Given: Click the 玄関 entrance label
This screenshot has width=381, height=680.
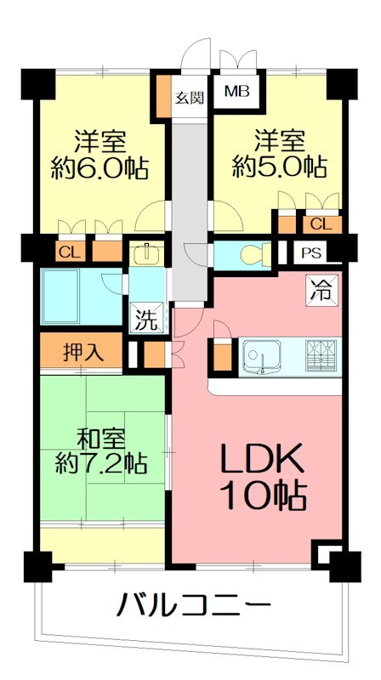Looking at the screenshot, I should [x=190, y=96].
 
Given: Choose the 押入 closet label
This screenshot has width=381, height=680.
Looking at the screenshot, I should [x=83, y=352].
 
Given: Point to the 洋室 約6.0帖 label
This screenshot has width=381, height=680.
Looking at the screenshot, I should [x=100, y=153].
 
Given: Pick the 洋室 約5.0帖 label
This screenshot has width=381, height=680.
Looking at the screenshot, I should [x=280, y=153].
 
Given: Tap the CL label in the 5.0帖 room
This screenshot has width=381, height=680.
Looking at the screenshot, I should [x=321, y=224].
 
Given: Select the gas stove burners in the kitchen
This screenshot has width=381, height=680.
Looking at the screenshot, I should [x=321, y=354].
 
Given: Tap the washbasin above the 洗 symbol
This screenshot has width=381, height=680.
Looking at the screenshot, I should [x=147, y=253].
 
